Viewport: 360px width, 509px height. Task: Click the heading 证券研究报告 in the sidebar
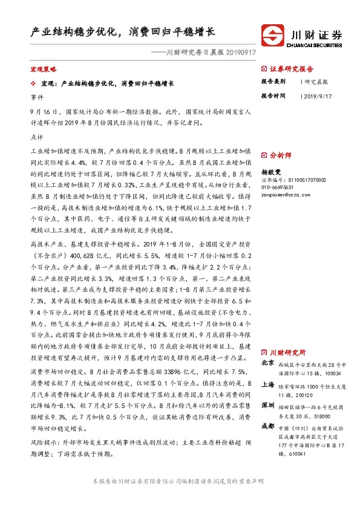point(292,69)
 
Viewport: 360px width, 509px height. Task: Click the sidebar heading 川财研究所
point(287,352)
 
